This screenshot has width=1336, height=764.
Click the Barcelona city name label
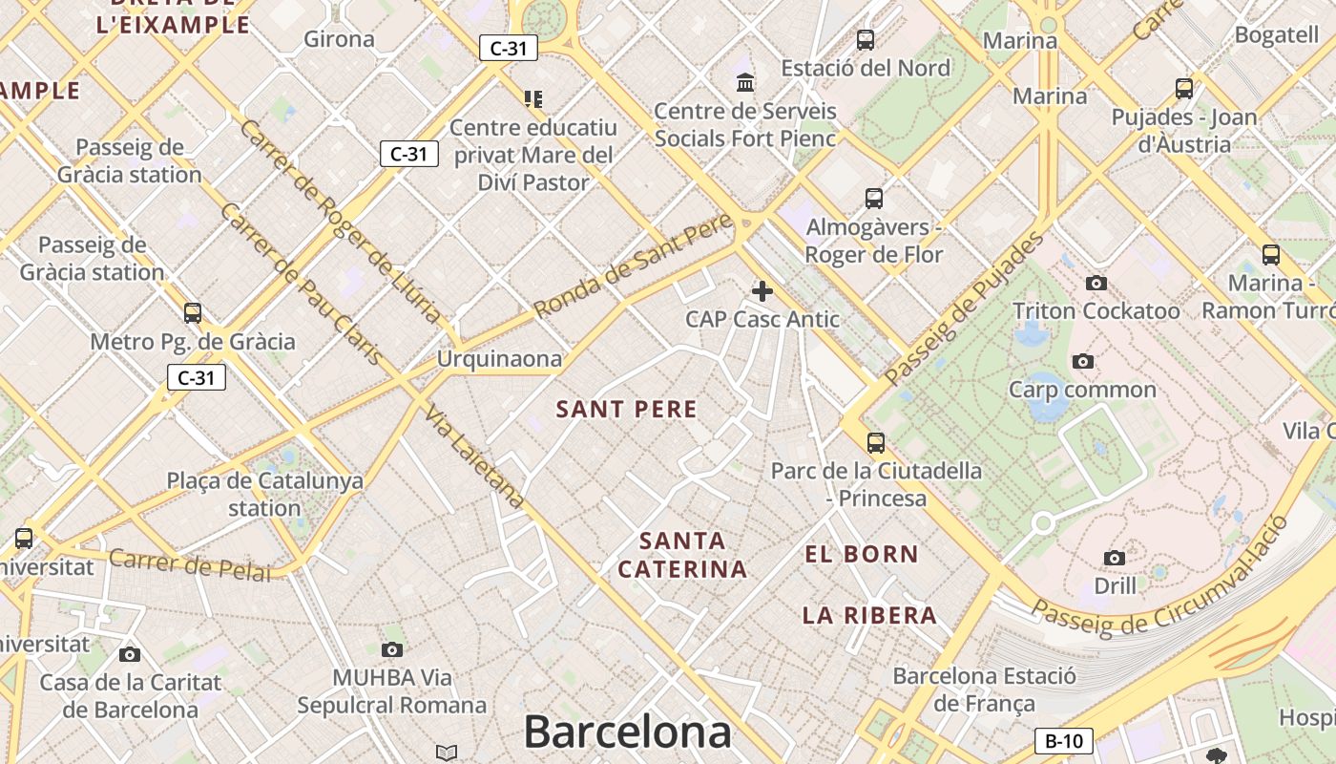pyautogui.click(x=627, y=732)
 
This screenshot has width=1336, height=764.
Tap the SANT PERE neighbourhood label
pyautogui.click(x=627, y=410)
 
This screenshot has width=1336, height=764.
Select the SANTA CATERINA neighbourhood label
pyautogui.click(x=681, y=555)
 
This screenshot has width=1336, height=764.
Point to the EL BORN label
pyautogui.click(x=862, y=554)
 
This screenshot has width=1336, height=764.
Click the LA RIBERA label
pyautogui.click(x=869, y=615)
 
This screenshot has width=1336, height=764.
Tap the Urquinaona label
pyautogui.click(x=499, y=359)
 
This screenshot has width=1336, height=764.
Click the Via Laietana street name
pyautogui.click(x=474, y=456)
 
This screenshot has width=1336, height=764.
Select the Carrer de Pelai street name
pyautogui.click(x=190, y=563)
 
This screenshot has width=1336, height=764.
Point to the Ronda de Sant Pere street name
pyautogui.click(x=634, y=266)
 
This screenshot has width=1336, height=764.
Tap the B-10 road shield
pyautogui.click(x=1063, y=741)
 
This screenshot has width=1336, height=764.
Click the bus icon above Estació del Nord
pyautogui.click(x=866, y=40)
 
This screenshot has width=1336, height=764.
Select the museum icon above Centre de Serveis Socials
pyautogui.click(x=745, y=82)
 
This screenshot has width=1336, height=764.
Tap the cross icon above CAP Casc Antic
pyautogui.click(x=762, y=290)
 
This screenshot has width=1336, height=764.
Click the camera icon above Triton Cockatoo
pyautogui.click(x=1096, y=283)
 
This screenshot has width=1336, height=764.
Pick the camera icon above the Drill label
pyautogui.click(x=1114, y=558)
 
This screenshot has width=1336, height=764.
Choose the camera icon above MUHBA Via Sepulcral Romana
pyautogui.click(x=391, y=650)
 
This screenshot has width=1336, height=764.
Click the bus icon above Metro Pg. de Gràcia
pyautogui.click(x=193, y=313)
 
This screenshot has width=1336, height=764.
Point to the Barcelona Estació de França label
pyautogui.click(x=984, y=690)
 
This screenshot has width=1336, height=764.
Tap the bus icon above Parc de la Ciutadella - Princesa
pyautogui.click(x=876, y=442)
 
